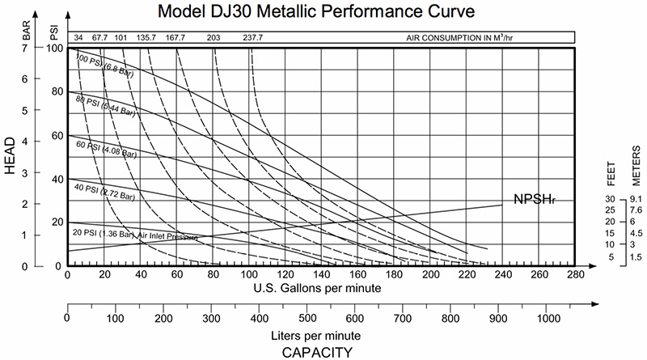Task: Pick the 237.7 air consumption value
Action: tap(252, 38)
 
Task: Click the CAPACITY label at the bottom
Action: tap(317, 352)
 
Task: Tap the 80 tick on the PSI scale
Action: tap(57, 92)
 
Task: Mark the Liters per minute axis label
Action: tap(316, 335)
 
